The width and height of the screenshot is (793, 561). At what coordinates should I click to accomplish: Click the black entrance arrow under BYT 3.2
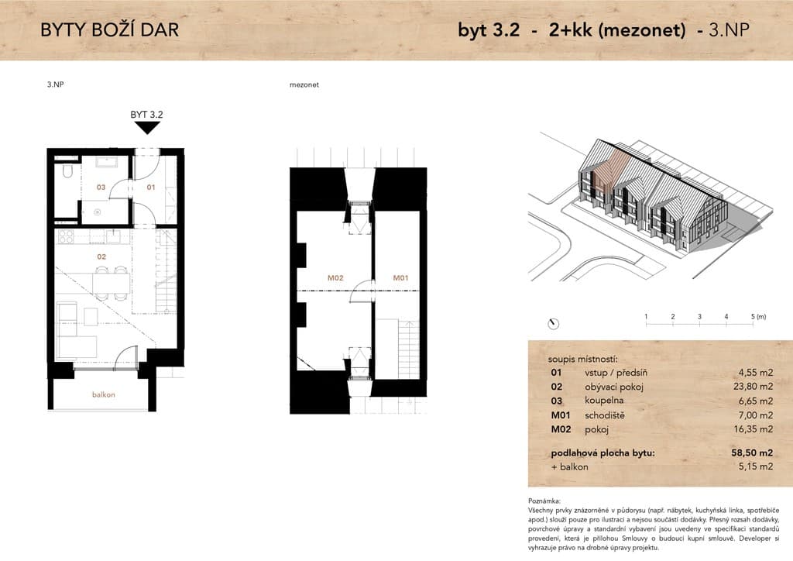(x=146, y=128)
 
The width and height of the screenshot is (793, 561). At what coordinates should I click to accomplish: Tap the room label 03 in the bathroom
(x=101, y=188)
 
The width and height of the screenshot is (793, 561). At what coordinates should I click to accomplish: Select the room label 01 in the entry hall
(x=151, y=188)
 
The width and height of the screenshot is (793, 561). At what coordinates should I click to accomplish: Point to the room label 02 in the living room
(x=101, y=257)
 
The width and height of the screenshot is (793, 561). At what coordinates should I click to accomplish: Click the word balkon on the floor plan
(x=104, y=394)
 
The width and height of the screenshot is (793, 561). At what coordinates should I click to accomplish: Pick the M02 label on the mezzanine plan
(x=335, y=277)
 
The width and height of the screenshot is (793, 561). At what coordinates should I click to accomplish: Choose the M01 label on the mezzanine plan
(x=400, y=277)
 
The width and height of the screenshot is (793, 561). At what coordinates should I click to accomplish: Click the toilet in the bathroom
(x=67, y=171)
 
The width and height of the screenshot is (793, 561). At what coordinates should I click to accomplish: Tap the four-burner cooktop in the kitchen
(x=66, y=237)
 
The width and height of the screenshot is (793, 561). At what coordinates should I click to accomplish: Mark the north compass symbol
(x=553, y=324)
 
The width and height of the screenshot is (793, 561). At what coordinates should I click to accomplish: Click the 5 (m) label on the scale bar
(x=758, y=317)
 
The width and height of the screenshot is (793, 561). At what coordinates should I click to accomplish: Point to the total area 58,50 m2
(x=752, y=453)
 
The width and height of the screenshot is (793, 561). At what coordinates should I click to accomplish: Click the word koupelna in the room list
(x=604, y=401)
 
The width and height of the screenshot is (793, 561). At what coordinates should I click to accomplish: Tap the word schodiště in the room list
(x=604, y=415)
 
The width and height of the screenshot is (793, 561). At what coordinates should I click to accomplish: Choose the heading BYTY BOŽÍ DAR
(x=110, y=30)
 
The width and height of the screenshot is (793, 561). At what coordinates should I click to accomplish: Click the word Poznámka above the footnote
(x=544, y=501)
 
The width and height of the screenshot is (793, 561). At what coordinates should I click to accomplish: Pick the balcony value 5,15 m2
(x=756, y=466)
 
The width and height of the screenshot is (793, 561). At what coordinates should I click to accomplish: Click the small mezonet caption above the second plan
(x=304, y=85)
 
